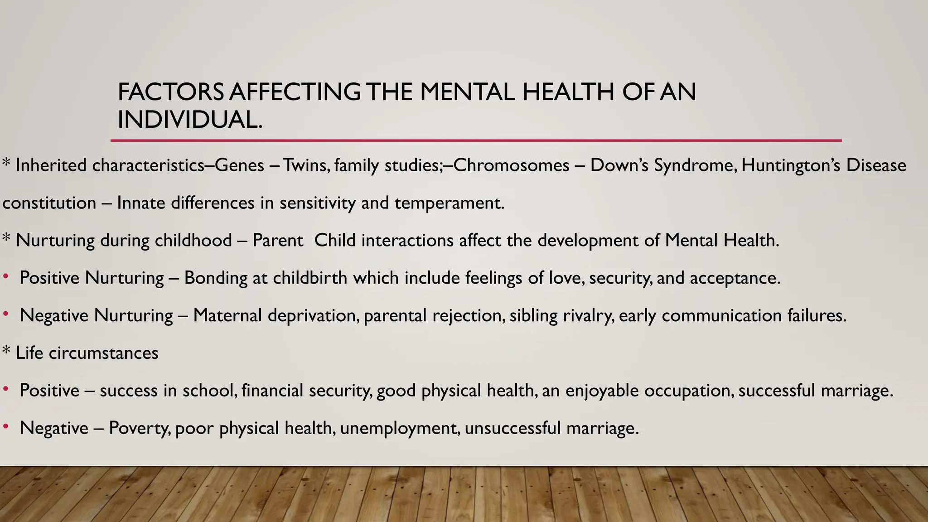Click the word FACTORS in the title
click(170, 92)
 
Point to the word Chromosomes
click(511, 165)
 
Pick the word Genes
click(239, 165)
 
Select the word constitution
click(49, 203)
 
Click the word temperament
click(449, 203)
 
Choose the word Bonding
click(216, 278)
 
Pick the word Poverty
click(140, 428)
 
